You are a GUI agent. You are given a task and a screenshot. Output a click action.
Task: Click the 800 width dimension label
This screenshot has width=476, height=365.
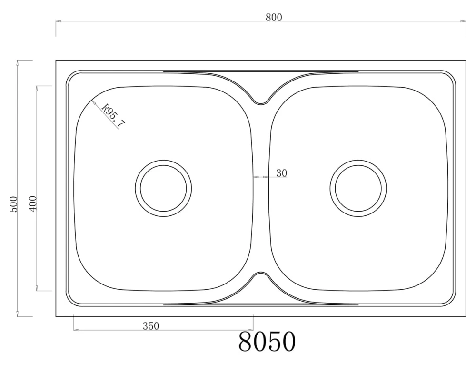274,17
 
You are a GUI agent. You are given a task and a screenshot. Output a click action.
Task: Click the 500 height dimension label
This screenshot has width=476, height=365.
14,204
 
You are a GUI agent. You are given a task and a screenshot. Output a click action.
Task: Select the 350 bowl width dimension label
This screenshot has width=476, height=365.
151,326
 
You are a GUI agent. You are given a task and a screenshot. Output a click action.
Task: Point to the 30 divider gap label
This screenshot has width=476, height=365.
281,173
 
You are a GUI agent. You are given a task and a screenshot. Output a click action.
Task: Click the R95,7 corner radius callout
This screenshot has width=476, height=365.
114,115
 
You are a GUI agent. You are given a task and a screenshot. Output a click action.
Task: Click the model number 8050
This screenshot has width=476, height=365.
267,342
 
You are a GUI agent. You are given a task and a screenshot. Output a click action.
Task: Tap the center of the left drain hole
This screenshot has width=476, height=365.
163,188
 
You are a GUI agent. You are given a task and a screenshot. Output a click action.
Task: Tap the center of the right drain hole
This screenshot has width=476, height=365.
358,188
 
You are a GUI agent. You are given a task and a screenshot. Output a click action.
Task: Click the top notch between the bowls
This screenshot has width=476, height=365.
260,103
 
